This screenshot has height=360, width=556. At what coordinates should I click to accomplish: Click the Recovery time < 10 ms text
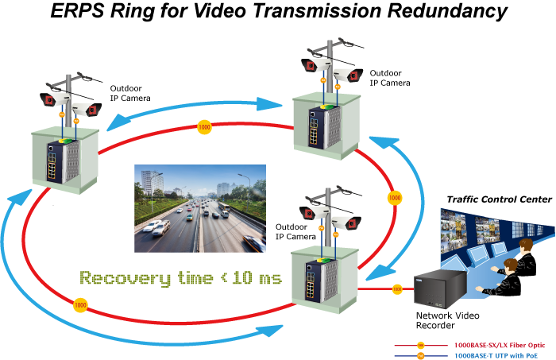pyautogui.click(x=180, y=278)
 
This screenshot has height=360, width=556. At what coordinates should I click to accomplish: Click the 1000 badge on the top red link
pyautogui.click(x=204, y=127)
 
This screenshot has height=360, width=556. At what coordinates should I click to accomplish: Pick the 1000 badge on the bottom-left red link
pyautogui.click(x=80, y=304)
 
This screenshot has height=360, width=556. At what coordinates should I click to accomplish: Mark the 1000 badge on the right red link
pyautogui.click(x=393, y=195)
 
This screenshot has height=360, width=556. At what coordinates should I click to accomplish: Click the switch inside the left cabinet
pyautogui.click(x=56, y=163)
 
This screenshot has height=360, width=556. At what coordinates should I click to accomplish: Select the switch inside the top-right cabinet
pyautogui.click(x=316, y=128)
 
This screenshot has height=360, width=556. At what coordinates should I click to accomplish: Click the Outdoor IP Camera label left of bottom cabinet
pyautogui.click(x=295, y=231)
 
